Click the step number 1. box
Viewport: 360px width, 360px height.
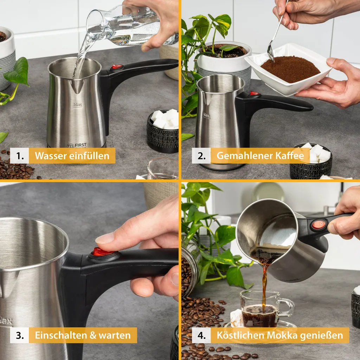20,156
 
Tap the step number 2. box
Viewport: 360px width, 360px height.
201,156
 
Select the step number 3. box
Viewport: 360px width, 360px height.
20,335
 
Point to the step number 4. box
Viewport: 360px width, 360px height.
201,335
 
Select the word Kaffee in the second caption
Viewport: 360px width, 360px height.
290,155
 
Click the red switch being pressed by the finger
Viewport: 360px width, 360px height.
102,252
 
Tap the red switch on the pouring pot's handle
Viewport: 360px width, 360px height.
319,225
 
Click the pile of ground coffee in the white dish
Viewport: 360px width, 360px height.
290,69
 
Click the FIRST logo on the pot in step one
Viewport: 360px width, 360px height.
77,145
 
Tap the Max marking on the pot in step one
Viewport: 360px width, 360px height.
78,105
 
